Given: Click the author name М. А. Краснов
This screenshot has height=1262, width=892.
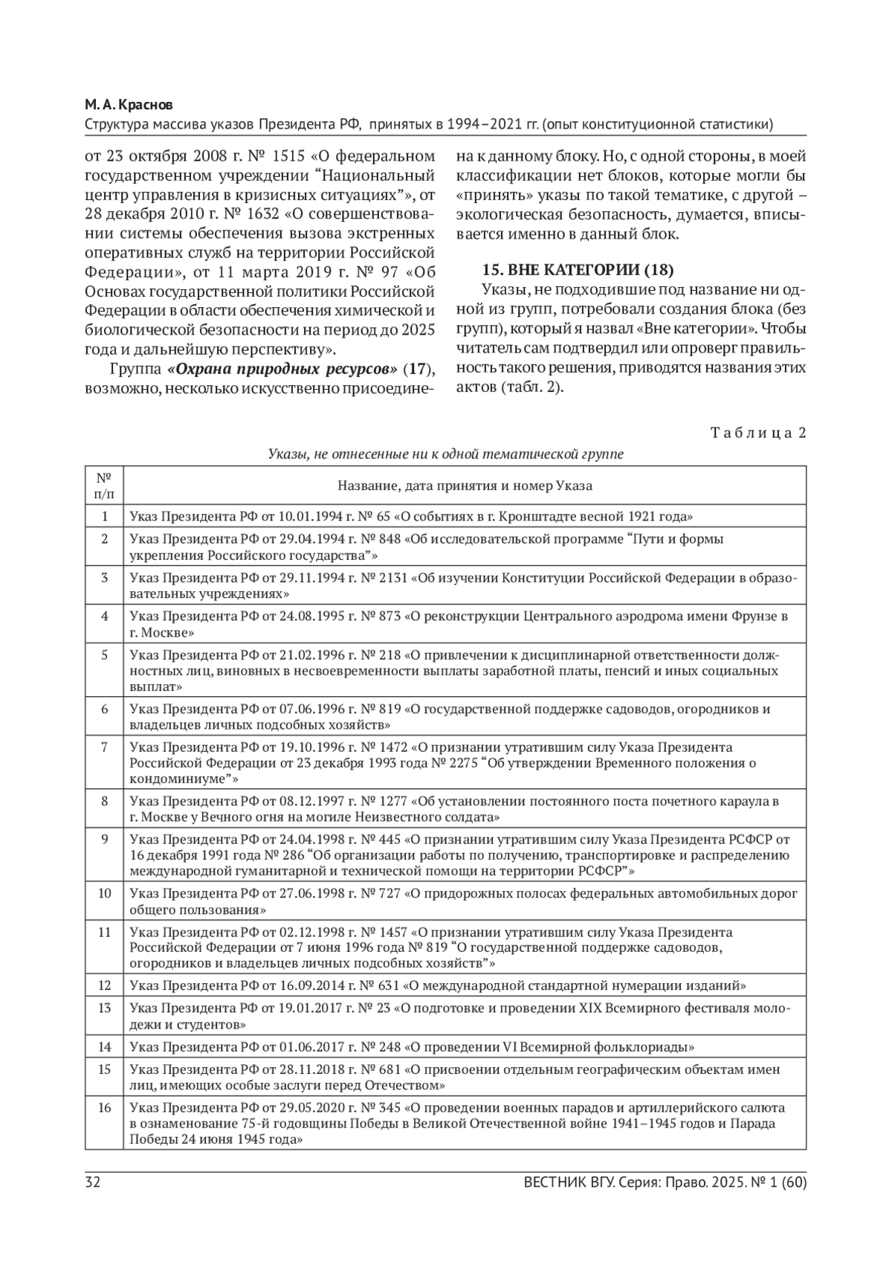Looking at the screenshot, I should point(130,106).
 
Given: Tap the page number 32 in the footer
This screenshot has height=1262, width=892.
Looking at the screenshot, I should point(93,1183).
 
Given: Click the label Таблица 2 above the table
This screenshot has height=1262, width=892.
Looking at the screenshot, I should point(757,434).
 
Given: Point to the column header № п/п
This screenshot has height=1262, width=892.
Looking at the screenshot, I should point(105,486).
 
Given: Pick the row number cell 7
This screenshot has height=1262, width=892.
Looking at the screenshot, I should point(105,746).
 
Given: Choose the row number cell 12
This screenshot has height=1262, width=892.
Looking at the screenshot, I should point(105,985).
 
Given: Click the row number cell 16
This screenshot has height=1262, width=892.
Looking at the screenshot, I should point(105,1107).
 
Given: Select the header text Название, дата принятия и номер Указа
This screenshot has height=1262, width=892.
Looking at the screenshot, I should point(465,486).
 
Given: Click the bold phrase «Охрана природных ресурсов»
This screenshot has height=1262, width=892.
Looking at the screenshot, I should point(283,370).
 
